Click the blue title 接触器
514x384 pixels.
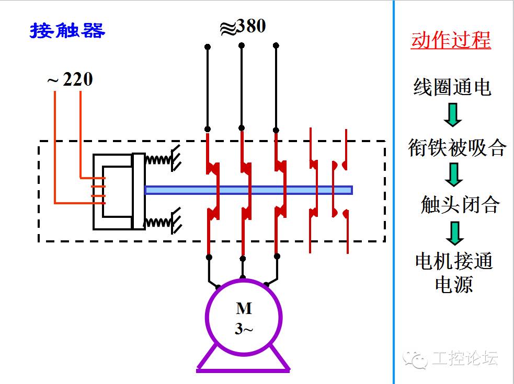pos(67,31)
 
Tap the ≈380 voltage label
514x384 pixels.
pos(243,27)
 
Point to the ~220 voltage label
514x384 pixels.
pos(70,79)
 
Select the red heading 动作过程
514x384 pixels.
pos(451,40)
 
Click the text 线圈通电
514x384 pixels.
pos(452,87)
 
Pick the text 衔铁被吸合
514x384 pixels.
pos(456,148)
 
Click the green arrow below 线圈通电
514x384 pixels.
pos(453,115)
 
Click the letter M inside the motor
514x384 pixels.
pos(244,309)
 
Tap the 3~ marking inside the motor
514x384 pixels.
pos(244,329)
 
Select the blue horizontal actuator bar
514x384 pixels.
pos(248,190)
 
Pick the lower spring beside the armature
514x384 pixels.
pos(158,222)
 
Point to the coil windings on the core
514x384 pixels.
pos(98,191)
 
